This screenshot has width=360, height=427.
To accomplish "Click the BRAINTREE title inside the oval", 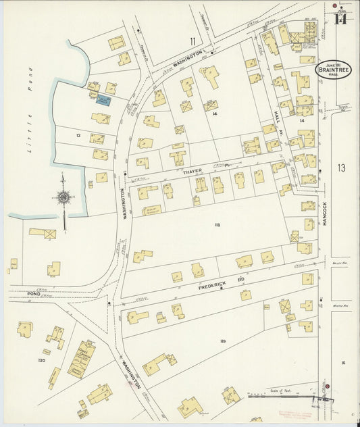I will [x=334, y=70].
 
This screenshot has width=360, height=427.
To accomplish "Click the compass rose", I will [x=63, y=197].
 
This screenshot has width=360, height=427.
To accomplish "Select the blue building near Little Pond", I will [x=103, y=100].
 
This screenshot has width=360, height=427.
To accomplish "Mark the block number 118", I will [x=217, y=224].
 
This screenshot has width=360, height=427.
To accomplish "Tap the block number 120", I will [x=41, y=361].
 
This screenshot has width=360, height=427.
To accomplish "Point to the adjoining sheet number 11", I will [x=192, y=41].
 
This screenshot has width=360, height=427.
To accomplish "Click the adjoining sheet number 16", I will [x=343, y=363].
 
